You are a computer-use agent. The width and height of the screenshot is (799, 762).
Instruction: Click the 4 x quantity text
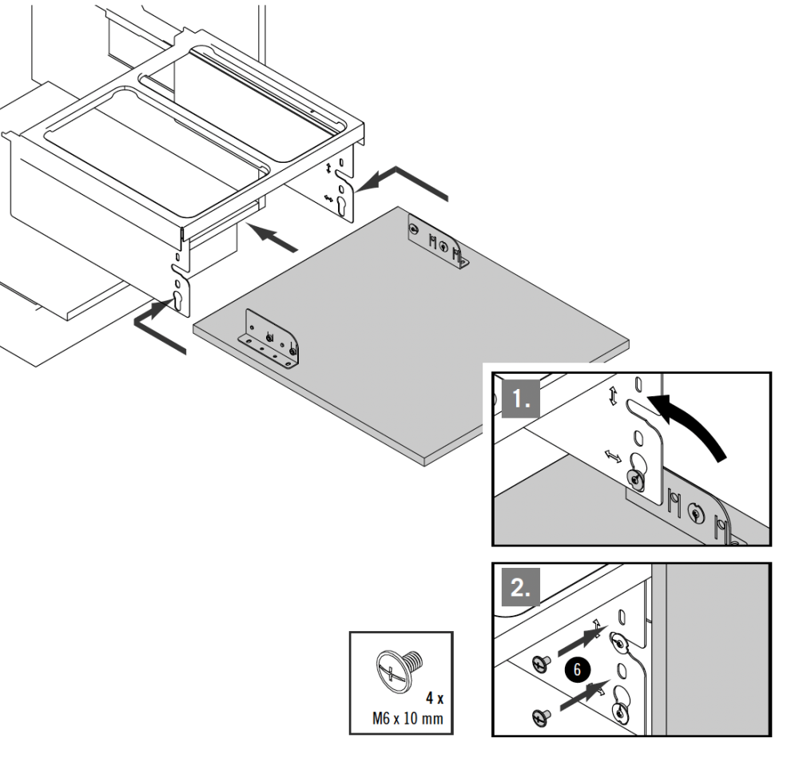click(435, 697)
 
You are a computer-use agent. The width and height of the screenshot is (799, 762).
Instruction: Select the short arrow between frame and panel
click(276, 236)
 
